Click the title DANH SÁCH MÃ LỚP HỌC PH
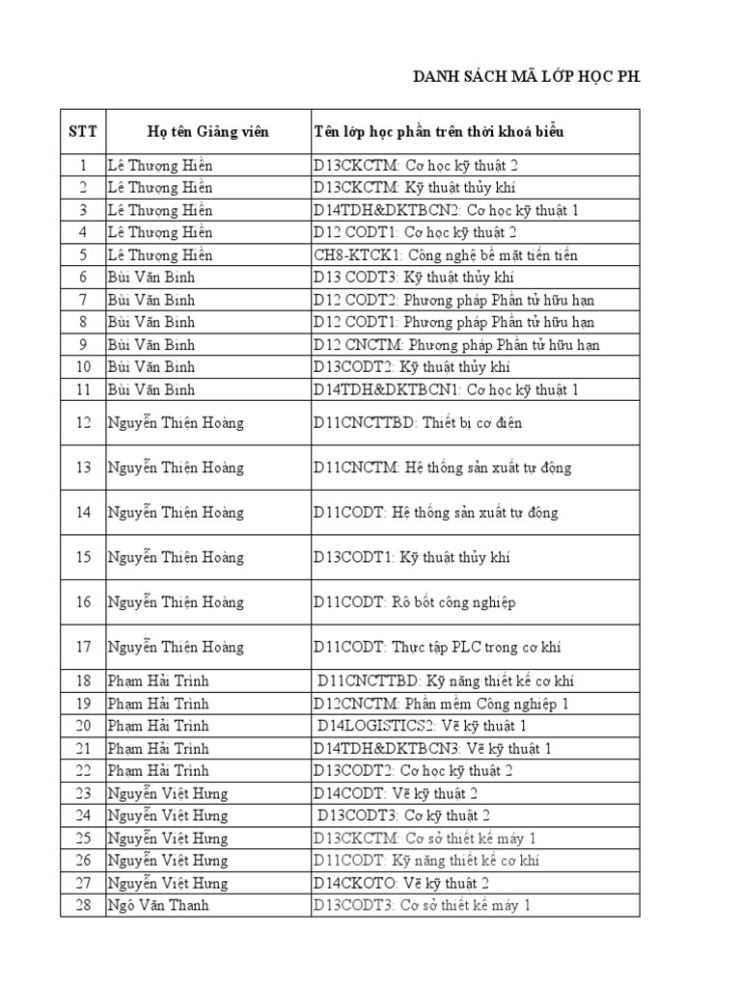[526, 78]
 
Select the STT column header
[83, 131]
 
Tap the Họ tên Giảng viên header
[207, 131]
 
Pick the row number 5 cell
[83, 255]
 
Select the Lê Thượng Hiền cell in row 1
[160, 165]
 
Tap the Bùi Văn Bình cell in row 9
[151, 345]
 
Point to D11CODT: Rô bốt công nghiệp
[414, 602]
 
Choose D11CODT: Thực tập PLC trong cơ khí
[437, 648]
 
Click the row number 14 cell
[83, 513]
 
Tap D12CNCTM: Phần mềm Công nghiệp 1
[441, 704]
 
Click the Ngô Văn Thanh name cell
[158, 905]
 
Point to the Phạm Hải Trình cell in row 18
[158, 681]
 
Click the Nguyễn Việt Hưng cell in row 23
[168, 793]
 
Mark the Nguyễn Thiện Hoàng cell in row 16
[176, 602]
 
